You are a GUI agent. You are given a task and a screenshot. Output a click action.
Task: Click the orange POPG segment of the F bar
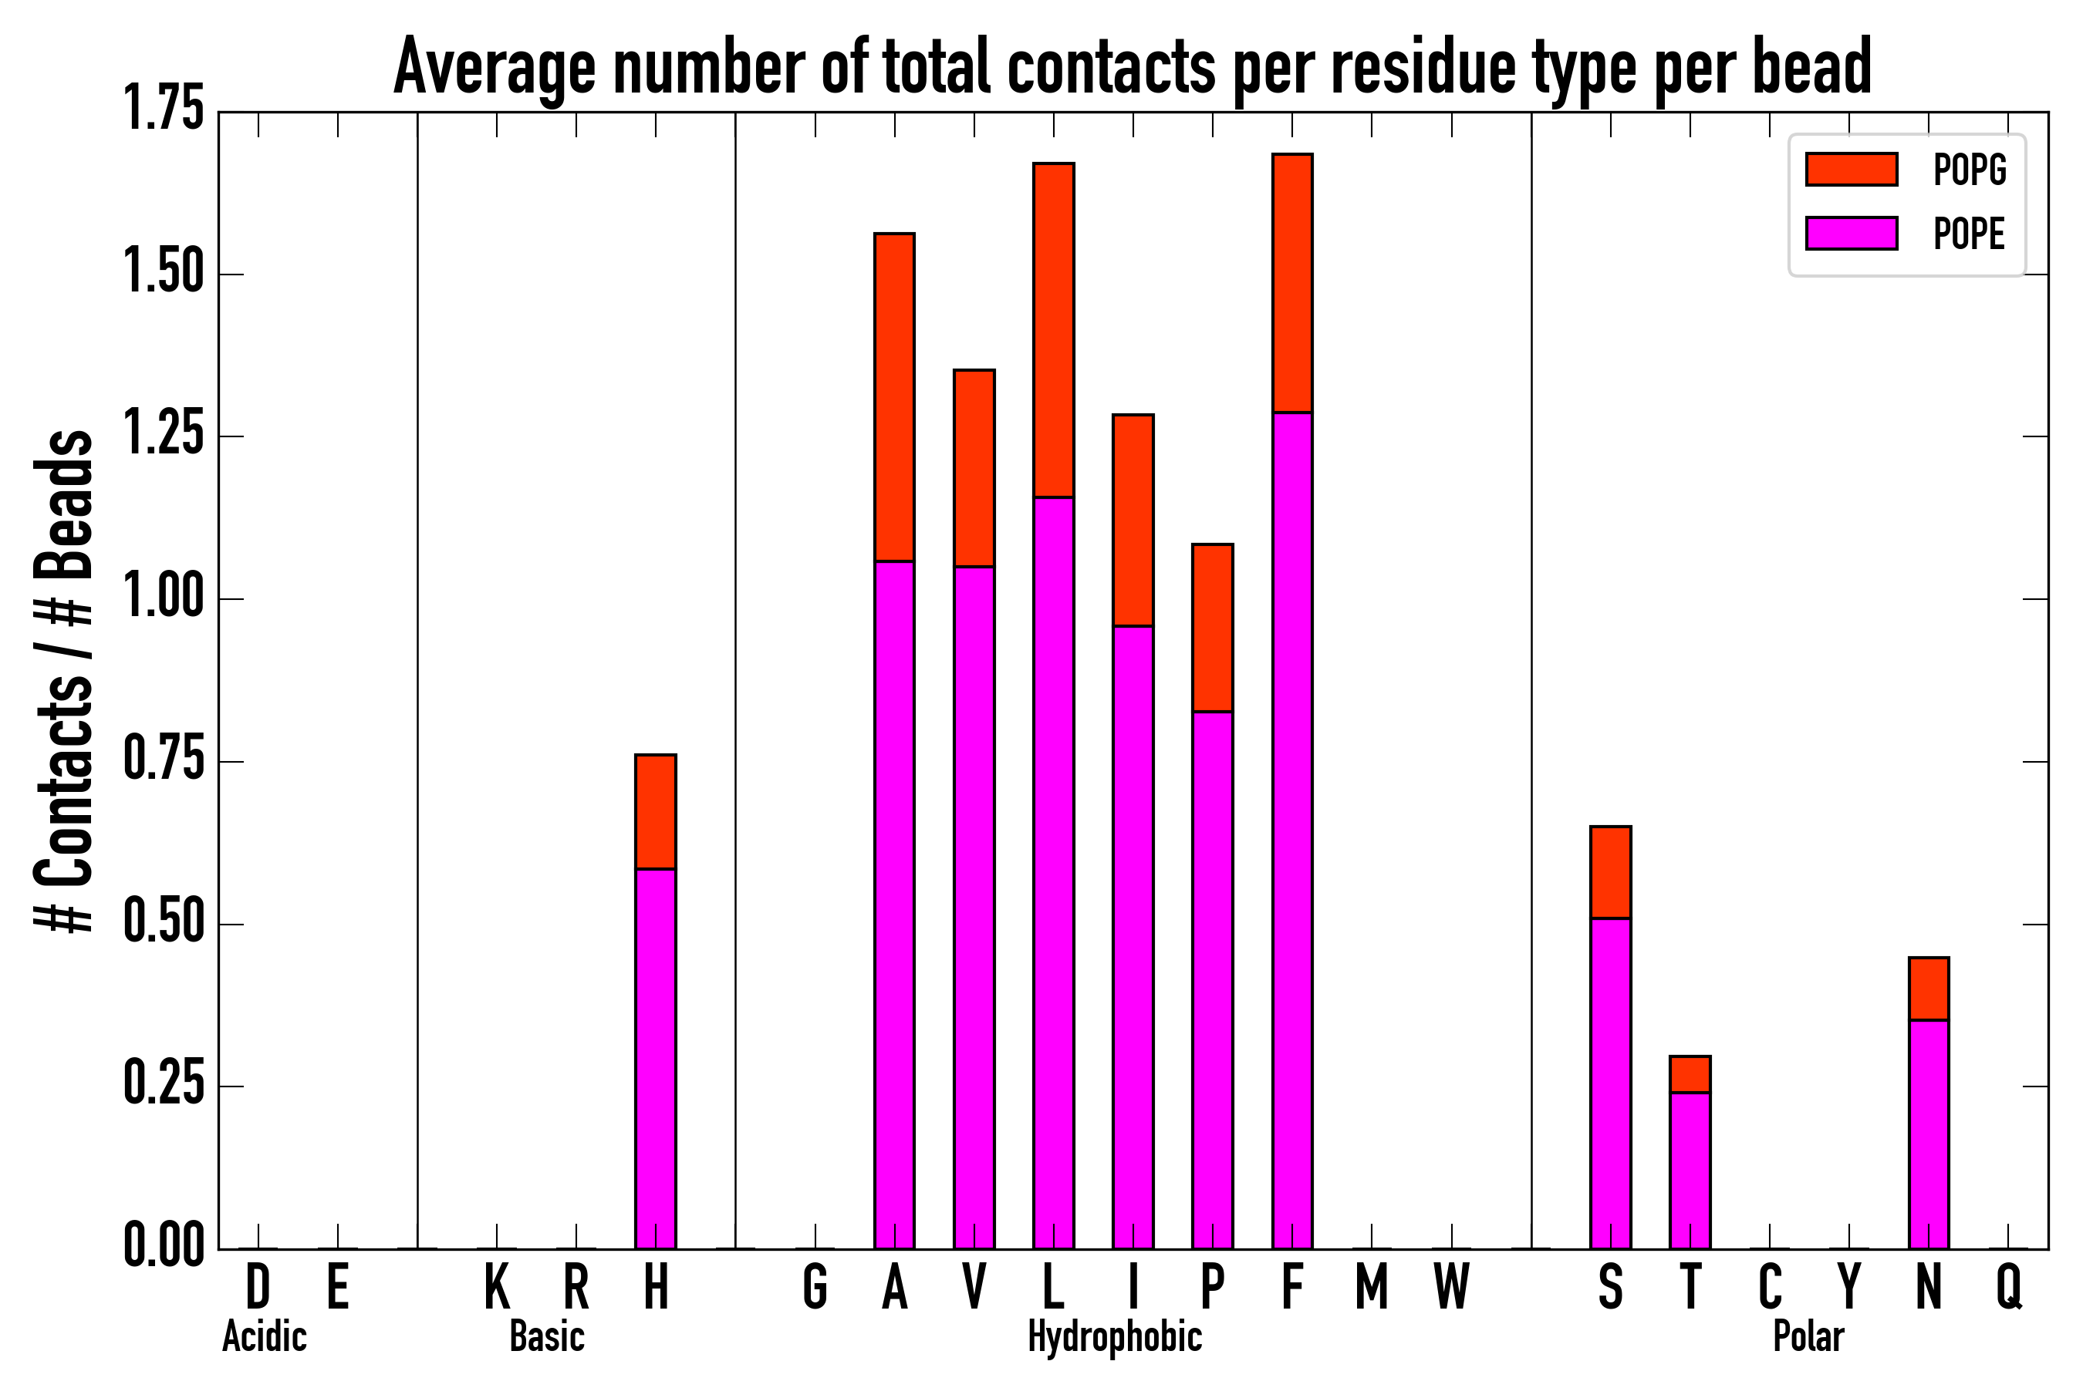point(1292,283)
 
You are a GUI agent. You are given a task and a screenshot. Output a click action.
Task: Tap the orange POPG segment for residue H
point(655,812)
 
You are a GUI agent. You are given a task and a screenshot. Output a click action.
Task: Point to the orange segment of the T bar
point(1690,1073)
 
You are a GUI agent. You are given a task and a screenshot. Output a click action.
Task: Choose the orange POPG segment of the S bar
point(1610,872)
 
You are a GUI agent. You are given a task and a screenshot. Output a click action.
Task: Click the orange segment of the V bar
point(974,468)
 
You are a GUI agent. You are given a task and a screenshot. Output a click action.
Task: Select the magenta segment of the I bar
point(1133,938)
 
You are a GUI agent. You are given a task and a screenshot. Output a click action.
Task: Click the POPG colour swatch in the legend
point(1851,169)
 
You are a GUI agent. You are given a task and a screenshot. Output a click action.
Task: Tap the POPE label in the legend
point(1969,234)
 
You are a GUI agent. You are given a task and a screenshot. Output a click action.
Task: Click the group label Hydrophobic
point(1114,1336)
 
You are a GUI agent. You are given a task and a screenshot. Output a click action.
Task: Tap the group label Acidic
point(264,1336)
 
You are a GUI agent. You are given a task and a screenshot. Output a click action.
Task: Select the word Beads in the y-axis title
point(64,504)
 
